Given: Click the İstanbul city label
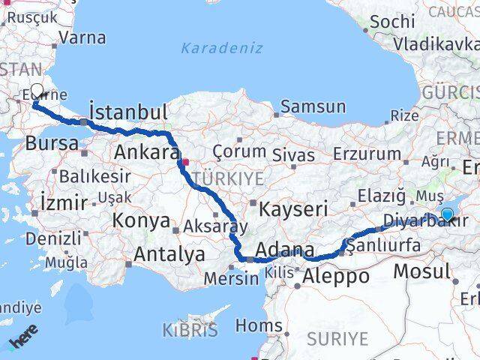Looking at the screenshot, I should click(128, 112).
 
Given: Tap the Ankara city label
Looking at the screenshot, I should click(147, 153).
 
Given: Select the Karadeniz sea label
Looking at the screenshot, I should click(221, 49).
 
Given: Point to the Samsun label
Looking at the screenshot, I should click(319, 107).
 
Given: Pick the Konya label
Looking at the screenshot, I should click(142, 220).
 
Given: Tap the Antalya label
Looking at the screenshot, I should click(169, 254).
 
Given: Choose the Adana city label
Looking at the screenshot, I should click(285, 249).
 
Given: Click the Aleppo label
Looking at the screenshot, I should click(337, 276).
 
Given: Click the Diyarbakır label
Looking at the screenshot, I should click(414, 221).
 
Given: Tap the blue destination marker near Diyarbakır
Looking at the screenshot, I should click(447, 215).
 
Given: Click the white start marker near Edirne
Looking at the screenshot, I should click(37, 96).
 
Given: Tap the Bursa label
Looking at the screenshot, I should click(52, 143).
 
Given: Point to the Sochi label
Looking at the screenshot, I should click(392, 22).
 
